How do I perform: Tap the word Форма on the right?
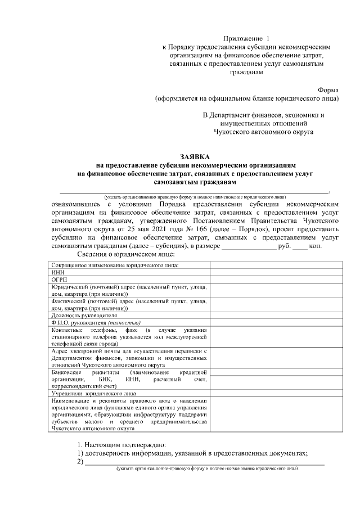(328, 89)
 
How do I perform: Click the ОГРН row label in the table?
(58, 278)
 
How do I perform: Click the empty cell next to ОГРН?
(274, 278)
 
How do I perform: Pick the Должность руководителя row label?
(84, 316)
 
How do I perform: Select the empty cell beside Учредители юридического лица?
(274, 394)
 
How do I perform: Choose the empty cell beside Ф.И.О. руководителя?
(274, 323)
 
